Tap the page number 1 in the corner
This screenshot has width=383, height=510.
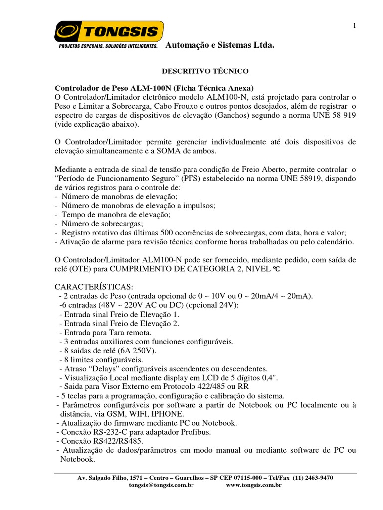[x=355, y=27]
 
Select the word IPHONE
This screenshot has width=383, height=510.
[x=167, y=413]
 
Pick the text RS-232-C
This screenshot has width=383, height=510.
[x=103, y=431]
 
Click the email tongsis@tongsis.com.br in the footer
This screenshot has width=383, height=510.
[x=163, y=485]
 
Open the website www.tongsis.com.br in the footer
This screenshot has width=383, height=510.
[x=254, y=485]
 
